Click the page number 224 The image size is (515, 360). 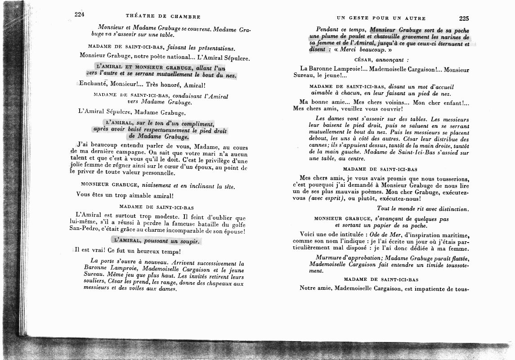point(80,14)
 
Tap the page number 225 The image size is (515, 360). point(464,18)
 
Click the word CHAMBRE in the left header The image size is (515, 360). point(185,17)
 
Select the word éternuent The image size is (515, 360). point(444,45)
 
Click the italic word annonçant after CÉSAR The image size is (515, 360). point(391,59)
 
